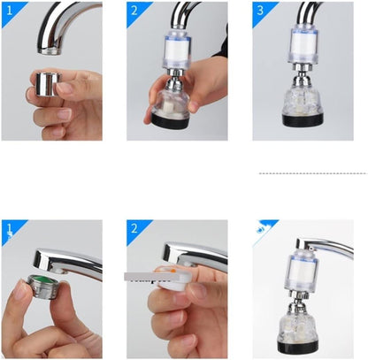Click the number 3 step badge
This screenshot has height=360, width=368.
point(260,11)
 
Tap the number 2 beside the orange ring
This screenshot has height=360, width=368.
point(134,229)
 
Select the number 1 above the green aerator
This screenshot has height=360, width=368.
point(10,228)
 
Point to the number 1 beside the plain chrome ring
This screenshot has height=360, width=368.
point(10,11)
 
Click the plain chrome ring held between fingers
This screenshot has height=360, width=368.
point(49,84)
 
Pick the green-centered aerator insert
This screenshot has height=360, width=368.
point(42,287)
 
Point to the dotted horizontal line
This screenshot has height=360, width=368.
point(313,173)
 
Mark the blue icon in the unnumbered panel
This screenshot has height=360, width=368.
point(260,229)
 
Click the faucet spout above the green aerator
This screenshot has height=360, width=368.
point(68,261)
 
